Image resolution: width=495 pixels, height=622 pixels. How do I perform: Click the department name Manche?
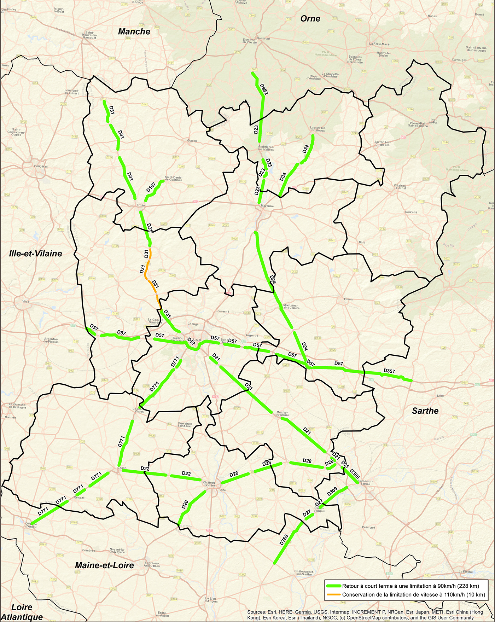click(134, 31)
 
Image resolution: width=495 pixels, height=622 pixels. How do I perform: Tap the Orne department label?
click(310, 18)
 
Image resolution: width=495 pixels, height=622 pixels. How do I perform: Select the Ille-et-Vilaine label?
click(36, 253)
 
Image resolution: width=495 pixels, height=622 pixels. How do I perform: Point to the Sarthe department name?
click(425, 411)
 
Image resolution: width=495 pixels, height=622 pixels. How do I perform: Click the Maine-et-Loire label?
click(104, 565)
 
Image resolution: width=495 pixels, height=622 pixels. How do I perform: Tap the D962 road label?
click(264, 89)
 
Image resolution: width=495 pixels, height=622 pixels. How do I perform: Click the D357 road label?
click(389, 371)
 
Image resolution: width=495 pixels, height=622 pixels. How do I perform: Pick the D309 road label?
click(332, 492)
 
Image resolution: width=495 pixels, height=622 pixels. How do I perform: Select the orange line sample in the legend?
click(333, 594)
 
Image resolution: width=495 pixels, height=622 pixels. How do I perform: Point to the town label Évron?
click(348, 299)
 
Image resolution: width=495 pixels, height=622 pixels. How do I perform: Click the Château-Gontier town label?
click(209, 483)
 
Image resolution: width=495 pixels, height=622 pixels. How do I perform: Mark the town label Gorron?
click(192, 141)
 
